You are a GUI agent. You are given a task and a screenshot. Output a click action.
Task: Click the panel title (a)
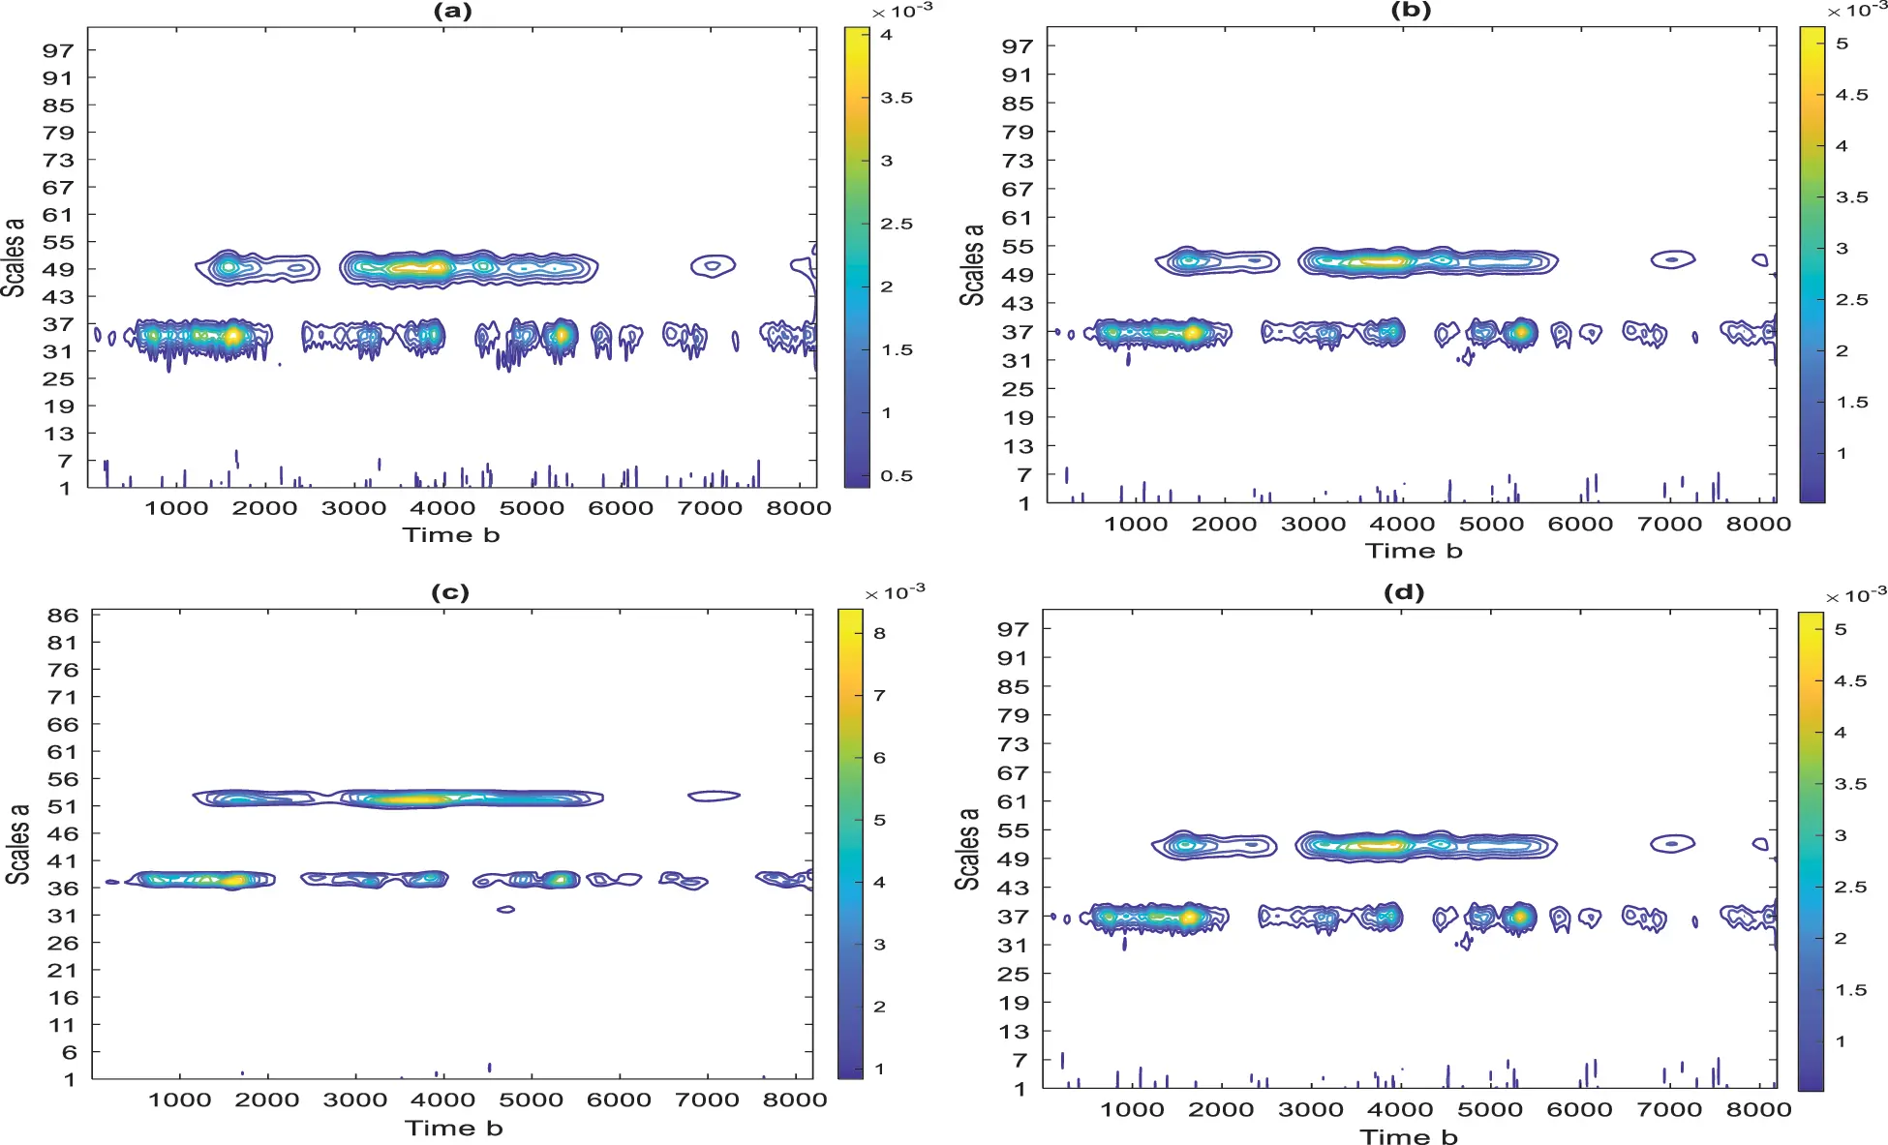click(452, 11)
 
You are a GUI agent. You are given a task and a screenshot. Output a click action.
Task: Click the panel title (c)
click(449, 592)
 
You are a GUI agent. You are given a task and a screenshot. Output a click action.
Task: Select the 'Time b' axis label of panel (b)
click(1414, 551)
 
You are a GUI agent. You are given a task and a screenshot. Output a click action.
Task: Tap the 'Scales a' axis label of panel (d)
click(967, 848)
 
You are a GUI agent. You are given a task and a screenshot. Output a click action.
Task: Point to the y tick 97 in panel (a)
click(58, 50)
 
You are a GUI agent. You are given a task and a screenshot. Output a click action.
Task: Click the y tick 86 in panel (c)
click(63, 616)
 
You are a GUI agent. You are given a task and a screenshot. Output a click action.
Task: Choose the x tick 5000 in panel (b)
click(1491, 525)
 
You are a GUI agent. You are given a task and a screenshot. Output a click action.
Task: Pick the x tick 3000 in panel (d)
click(1310, 1110)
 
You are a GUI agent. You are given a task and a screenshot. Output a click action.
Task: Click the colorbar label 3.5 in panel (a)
click(897, 98)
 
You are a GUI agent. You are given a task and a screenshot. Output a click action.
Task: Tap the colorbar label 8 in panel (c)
click(879, 633)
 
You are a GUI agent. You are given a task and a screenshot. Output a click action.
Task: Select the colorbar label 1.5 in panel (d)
click(1851, 990)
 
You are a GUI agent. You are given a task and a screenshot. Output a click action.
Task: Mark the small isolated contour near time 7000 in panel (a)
click(713, 265)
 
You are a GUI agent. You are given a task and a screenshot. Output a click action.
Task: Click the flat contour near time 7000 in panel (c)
click(714, 796)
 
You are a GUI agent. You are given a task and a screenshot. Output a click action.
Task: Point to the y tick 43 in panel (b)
click(1018, 304)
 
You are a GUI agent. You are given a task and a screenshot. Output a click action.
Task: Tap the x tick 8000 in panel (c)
click(795, 1100)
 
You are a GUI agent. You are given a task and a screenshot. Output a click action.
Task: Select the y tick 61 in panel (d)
click(1013, 801)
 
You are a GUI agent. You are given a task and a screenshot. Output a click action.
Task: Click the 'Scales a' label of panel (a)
click(13, 256)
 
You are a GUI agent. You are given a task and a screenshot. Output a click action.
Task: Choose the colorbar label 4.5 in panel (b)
click(1851, 95)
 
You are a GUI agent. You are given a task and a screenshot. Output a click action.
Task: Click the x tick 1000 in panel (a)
click(176, 508)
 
